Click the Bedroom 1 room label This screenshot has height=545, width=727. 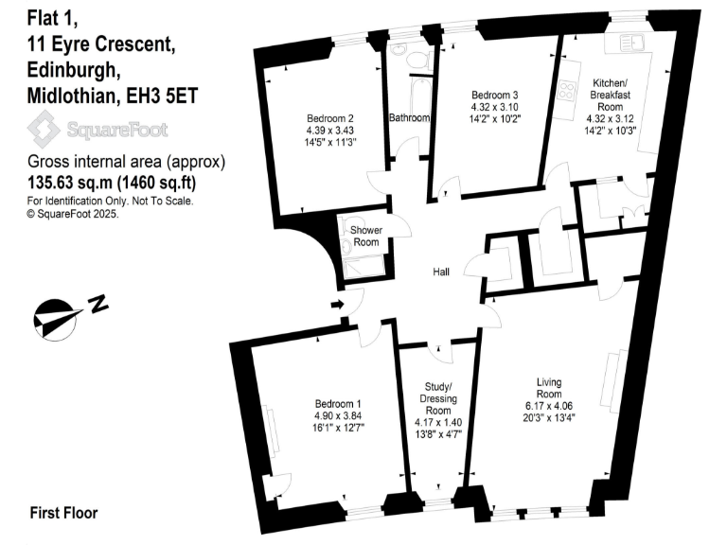pos(338,401)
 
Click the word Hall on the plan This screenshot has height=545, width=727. pos(441,272)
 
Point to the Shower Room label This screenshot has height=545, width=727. pos(365,237)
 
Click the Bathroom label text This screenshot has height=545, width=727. pos(409,118)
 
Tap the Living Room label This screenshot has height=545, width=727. pos(549,388)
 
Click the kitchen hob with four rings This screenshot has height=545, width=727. pos(570,91)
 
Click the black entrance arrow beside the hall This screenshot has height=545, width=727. pos(338,305)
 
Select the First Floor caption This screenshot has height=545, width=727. pos(63,513)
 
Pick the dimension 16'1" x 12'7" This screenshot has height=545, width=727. pos(338,428)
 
